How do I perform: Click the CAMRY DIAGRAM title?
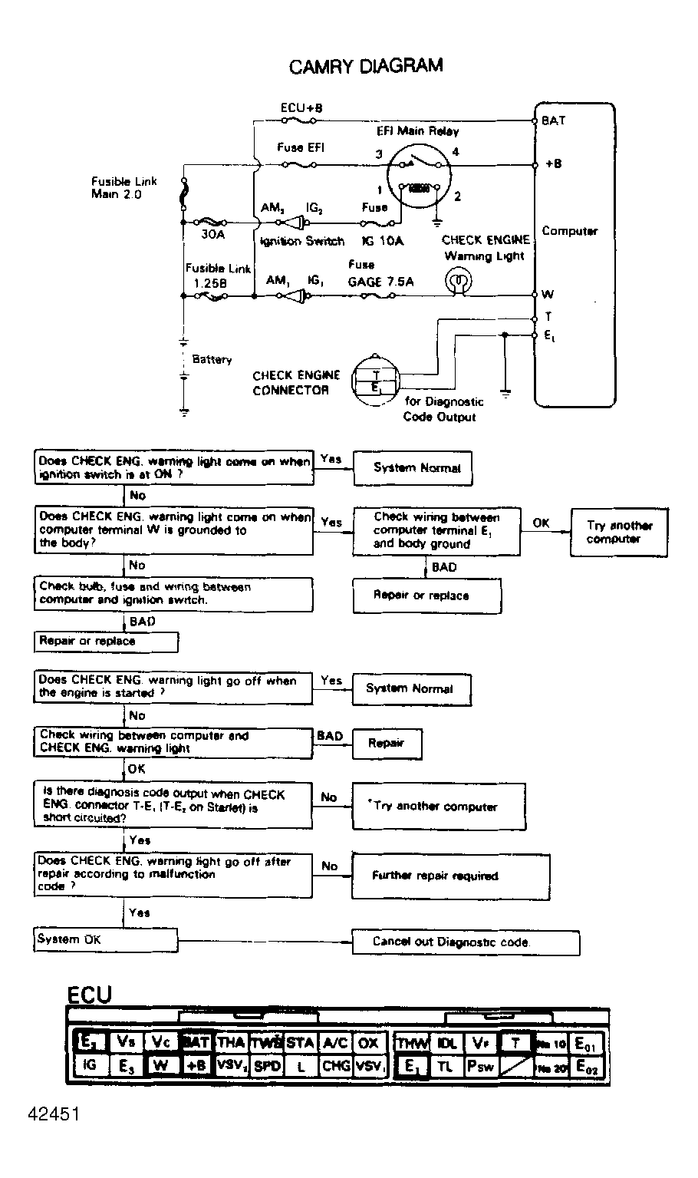pos(366,66)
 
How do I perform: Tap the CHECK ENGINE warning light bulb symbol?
pos(459,283)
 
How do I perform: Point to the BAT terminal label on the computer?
pos(553,120)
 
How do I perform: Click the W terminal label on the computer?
pos(548,294)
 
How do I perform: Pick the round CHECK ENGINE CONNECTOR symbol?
pos(376,381)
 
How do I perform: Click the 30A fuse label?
pos(212,234)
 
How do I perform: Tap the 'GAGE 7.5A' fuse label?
pos(380,282)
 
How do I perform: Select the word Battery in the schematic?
pos(212,359)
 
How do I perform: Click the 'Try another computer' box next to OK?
pos(618,532)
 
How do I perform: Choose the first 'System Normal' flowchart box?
pos(412,468)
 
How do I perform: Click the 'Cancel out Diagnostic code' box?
pos(465,942)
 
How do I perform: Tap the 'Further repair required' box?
pos(450,876)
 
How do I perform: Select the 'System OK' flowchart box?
pos(106,940)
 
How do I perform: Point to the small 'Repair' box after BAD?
pos(386,744)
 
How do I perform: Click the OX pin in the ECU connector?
pos(368,1043)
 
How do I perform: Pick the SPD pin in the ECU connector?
pos(267,1066)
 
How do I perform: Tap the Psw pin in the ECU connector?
pos(481,1066)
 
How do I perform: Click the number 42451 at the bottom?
pos(54,1114)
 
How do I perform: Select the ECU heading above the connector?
pos(89,995)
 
